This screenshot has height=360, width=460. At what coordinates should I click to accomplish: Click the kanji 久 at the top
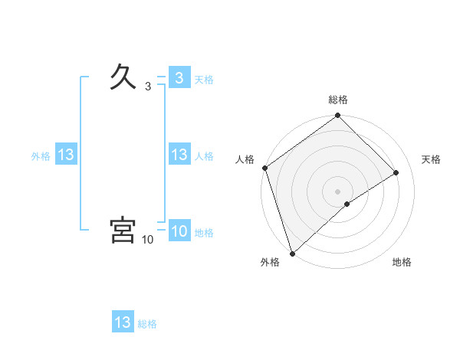pyautogui.click(x=123, y=77)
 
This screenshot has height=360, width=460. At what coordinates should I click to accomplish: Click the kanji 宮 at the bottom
pyautogui.click(x=123, y=230)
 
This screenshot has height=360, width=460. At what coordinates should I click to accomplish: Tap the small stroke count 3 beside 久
pyautogui.click(x=148, y=87)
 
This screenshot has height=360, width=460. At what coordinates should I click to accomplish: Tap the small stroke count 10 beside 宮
pyautogui.click(x=148, y=240)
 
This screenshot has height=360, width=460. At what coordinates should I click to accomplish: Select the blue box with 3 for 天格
pyautogui.click(x=179, y=78)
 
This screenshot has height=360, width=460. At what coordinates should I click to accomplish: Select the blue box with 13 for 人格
pyautogui.click(x=179, y=155)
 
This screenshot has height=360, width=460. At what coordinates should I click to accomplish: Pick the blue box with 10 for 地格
pyautogui.click(x=179, y=231)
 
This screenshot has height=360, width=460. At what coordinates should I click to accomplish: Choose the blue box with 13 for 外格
pyautogui.click(x=65, y=155)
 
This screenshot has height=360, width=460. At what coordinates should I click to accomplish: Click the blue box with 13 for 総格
pyautogui.click(x=123, y=322)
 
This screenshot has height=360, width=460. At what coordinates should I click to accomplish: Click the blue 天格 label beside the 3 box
pyautogui.click(x=204, y=80)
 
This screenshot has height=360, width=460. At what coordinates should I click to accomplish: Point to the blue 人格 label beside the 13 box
pyautogui.click(x=204, y=156)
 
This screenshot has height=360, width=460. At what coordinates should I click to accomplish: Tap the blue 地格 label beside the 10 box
pyautogui.click(x=204, y=233)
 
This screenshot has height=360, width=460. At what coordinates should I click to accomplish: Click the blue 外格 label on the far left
pyautogui.click(x=41, y=156)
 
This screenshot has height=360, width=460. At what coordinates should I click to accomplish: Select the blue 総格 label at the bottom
pyautogui.click(x=147, y=324)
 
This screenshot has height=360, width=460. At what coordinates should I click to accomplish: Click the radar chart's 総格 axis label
pyautogui.click(x=338, y=100)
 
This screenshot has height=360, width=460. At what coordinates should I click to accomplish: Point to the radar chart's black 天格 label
pyautogui.click(x=431, y=159)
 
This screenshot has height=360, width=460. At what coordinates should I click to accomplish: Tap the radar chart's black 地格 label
pyautogui.click(x=402, y=262)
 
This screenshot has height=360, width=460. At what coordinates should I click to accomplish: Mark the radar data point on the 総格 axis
pyautogui.click(x=338, y=116)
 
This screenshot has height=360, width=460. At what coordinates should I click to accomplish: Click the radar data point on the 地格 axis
pyautogui.click(x=347, y=204)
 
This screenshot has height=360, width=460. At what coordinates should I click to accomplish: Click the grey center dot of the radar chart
pyautogui.click(x=338, y=191)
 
